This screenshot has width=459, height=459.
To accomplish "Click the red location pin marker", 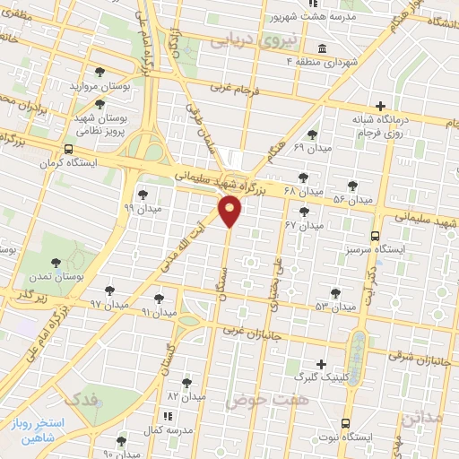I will (230, 212).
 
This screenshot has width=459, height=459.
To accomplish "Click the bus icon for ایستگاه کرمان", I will (69, 150).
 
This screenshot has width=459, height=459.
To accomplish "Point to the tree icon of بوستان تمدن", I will (56, 263).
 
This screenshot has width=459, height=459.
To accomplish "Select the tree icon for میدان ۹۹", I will (143, 194).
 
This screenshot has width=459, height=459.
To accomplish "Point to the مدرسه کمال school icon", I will (167, 417).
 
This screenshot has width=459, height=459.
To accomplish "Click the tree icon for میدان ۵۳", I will (335, 292).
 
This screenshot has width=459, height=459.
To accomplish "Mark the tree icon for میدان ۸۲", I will (186, 381).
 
